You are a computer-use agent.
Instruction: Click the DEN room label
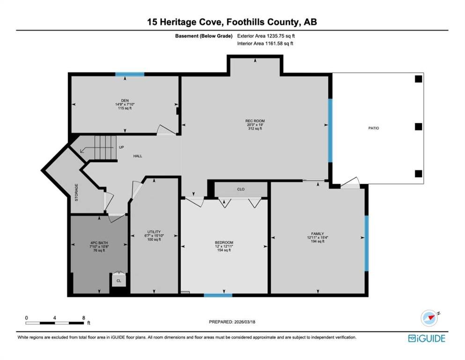125,101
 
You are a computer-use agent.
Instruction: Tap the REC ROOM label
255,121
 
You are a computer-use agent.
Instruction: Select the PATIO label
374,128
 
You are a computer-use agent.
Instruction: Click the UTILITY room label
154,232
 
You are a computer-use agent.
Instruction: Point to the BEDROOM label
224,242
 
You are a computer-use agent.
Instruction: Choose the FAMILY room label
317,233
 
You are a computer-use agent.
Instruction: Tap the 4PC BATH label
99,243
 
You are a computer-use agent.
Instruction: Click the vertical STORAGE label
76,193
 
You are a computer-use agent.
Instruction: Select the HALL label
138,156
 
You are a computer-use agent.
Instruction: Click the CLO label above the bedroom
241,189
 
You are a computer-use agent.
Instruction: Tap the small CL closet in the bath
119,281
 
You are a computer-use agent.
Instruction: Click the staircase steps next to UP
104,148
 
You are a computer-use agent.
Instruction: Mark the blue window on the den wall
130,74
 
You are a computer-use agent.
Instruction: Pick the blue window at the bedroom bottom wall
218,295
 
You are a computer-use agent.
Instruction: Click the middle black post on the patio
419,127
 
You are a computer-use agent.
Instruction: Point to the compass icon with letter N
429,318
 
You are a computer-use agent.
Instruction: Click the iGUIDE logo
427,338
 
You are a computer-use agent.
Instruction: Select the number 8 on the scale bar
84,318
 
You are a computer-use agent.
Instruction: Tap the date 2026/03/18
244,322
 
